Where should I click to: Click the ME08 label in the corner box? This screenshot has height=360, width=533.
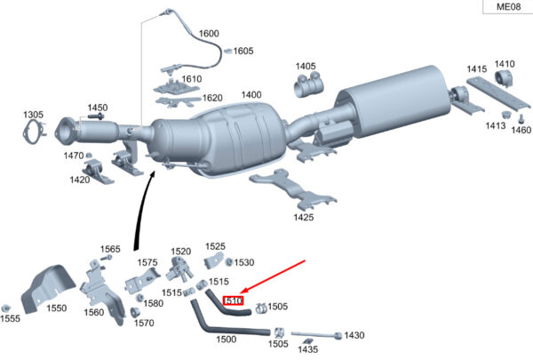508,6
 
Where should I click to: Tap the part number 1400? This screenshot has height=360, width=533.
251,94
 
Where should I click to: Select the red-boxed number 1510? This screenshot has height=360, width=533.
233,300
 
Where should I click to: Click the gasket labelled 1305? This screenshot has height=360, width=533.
34,132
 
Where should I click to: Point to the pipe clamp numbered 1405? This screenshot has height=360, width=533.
307,85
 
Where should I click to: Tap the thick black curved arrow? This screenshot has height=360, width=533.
141,211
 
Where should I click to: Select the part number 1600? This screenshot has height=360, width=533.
209,34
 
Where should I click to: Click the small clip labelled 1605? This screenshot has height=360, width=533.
228,51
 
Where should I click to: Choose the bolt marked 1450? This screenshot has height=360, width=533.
97,116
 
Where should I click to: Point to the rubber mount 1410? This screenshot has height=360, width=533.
504,78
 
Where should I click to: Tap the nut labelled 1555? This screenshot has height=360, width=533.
5,308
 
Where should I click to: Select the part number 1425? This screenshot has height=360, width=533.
304,217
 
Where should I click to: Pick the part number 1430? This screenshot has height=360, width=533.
354,335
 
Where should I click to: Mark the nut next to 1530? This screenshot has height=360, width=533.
229,262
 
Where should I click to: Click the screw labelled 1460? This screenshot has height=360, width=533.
520,119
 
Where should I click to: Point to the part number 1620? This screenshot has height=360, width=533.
212,98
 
